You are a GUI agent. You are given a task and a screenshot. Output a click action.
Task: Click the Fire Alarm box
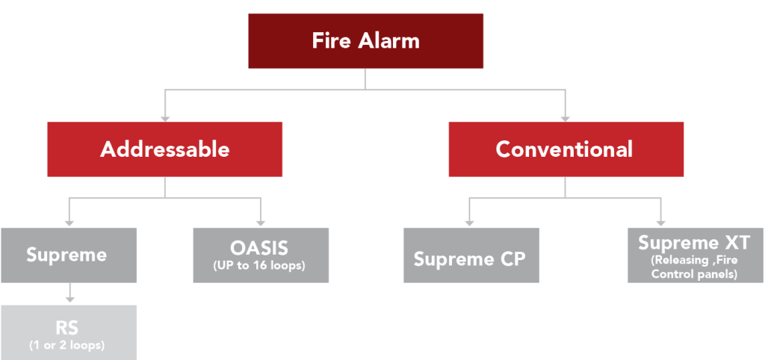[365, 41]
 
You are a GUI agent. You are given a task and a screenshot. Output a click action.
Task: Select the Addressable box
[164, 149]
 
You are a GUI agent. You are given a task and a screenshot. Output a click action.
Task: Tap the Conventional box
[565, 149]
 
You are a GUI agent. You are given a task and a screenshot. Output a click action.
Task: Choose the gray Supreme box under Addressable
[68, 255]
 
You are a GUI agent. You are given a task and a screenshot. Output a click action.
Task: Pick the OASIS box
[261, 255]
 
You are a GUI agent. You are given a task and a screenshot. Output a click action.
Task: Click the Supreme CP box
[471, 259]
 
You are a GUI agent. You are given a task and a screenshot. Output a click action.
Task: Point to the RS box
[68, 332]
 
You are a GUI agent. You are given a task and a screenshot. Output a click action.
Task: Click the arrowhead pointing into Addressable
[165, 117]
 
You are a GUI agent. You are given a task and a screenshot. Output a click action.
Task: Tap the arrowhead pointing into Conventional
[566, 117]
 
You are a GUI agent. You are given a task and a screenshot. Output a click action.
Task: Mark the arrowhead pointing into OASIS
[261, 222]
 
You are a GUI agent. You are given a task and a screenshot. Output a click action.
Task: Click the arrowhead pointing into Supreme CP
[469, 222]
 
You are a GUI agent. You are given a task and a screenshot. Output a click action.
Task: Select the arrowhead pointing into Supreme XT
[660, 222]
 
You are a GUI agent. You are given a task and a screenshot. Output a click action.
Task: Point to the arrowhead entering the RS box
[69, 299]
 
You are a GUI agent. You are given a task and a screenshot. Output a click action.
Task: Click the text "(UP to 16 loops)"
[261, 265]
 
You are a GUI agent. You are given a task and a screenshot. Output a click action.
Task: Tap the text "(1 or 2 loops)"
[67, 345]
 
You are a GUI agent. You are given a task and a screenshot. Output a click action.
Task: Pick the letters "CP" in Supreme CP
[511, 260]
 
